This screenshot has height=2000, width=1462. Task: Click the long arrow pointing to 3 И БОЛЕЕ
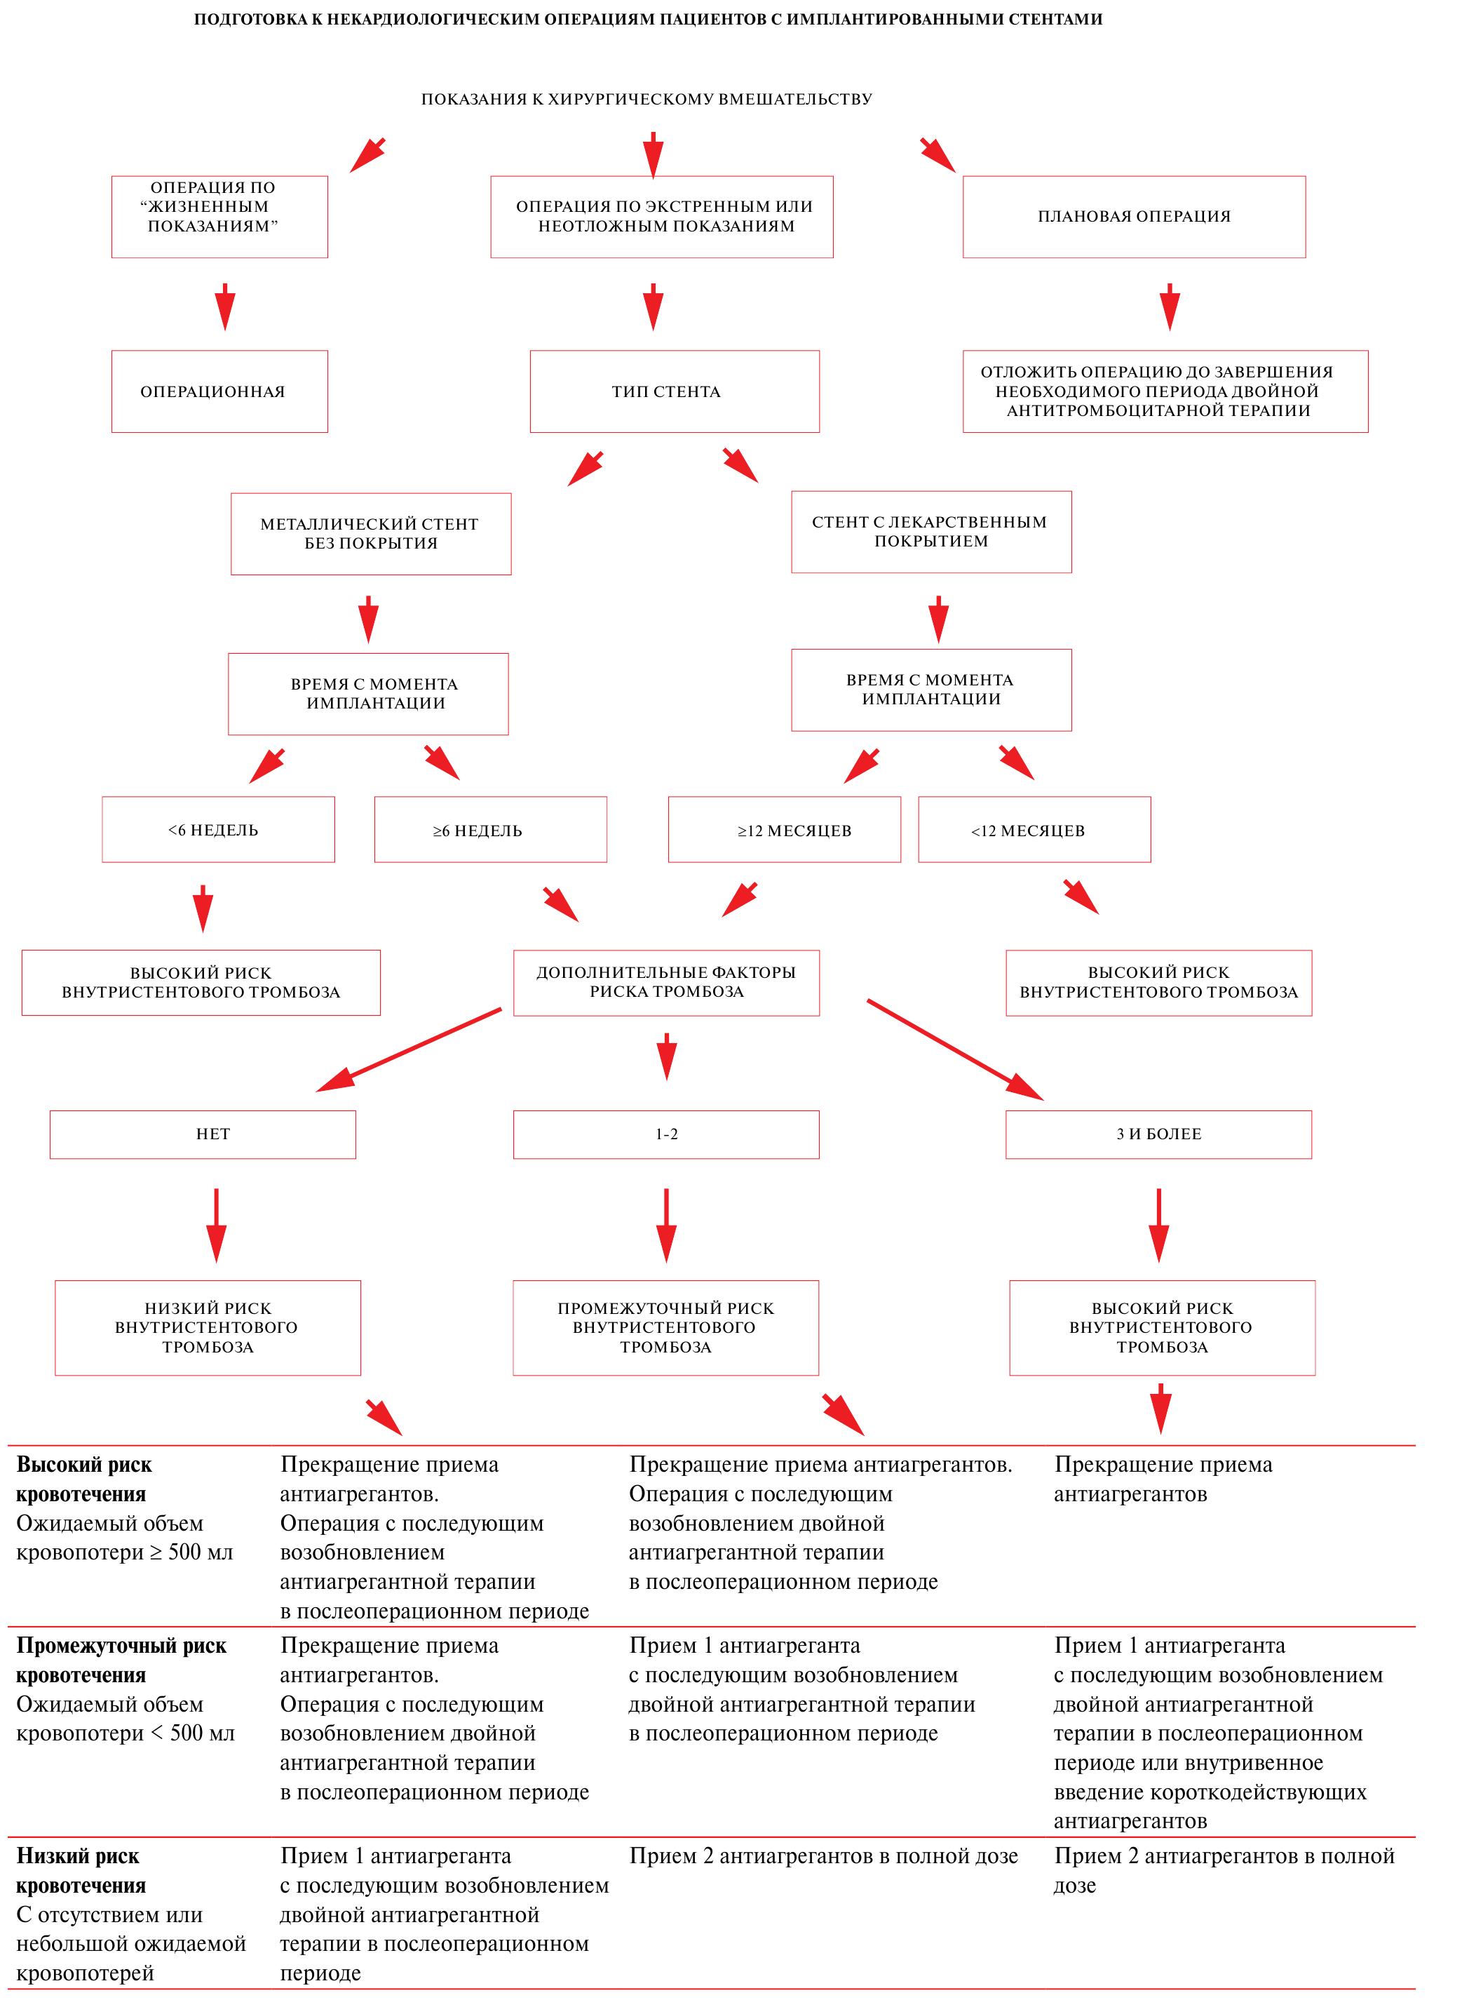point(956,1050)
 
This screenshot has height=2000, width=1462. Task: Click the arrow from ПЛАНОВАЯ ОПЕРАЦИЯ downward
point(1170,307)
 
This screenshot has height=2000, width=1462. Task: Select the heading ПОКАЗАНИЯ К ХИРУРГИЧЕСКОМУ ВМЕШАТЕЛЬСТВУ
point(647,99)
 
